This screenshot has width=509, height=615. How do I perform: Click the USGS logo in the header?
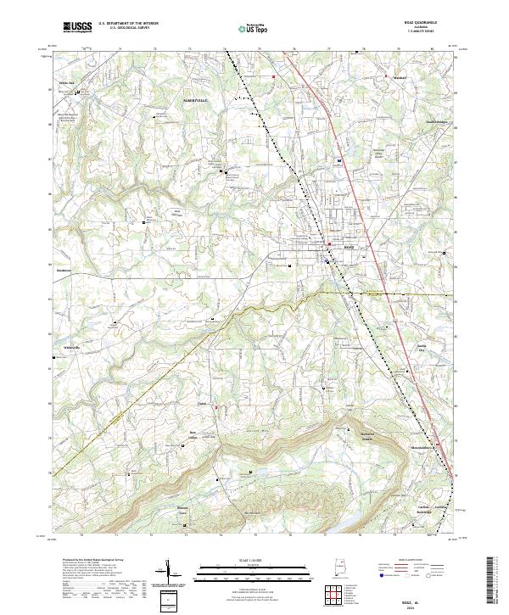click(x=76, y=28)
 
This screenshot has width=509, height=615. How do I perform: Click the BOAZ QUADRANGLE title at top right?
click(x=421, y=25)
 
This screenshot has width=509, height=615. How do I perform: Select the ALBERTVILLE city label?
click(x=195, y=101)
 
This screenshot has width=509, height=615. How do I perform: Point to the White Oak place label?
click(x=66, y=83)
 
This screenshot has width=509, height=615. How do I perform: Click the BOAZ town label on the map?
click(x=347, y=248)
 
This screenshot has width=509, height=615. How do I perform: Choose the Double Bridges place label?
click(x=412, y=121)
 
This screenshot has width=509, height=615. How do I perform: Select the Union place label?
click(x=203, y=403)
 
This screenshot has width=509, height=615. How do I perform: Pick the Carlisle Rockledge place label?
click(x=424, y=510)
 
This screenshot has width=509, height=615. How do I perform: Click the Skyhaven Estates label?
click(x=366, y=439)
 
